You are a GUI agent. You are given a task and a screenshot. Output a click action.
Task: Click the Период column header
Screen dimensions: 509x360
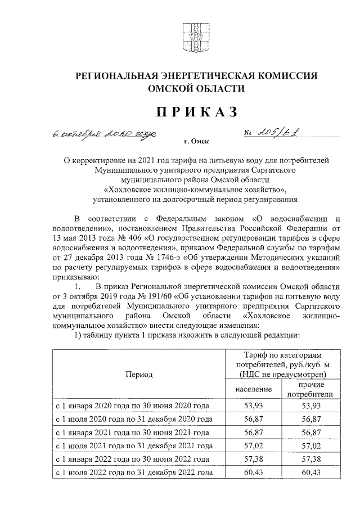(x=139, y=375)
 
